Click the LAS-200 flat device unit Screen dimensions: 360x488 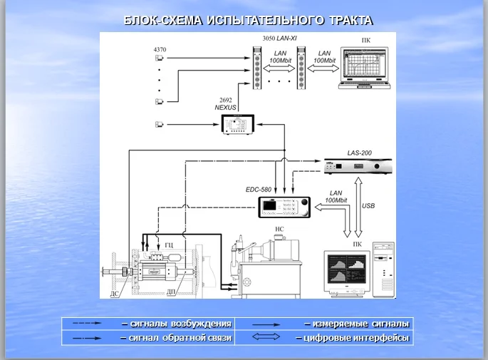[355, 168]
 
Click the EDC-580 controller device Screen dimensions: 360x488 [284, 208]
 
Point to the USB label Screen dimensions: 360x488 [368, 206]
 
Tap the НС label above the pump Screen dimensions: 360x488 [279, 230]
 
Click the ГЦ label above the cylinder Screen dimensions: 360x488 [169, 244]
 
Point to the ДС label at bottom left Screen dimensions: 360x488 [115, 292]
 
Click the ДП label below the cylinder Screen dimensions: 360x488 [171, 292]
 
